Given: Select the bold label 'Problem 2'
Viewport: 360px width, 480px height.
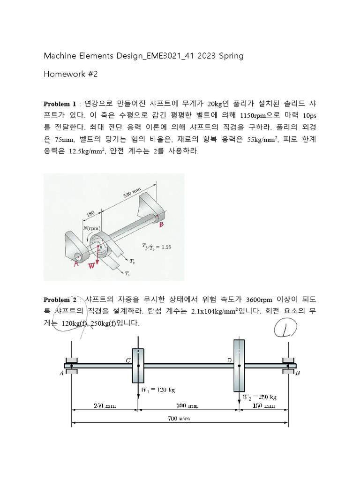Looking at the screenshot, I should tap(60, 300).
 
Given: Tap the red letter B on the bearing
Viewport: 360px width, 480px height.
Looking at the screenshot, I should tap(162, 225).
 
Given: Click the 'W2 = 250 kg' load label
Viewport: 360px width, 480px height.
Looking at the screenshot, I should tap(259, 397).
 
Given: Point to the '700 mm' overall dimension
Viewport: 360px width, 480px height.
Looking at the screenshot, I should tap(180, 419).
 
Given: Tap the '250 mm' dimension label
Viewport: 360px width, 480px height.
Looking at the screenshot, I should tap(105, 406).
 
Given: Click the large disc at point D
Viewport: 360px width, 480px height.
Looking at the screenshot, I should tap(239, 366).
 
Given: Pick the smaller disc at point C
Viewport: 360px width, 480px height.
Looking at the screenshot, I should tap(138, 366).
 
